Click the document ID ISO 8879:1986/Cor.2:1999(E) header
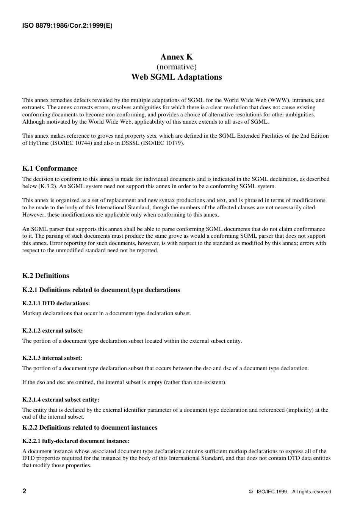point(67,26)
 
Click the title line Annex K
point(177,57)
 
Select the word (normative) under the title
point(177,67)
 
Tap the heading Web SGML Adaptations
point(177,77)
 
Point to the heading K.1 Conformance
point(50,168)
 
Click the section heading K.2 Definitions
point(45,276)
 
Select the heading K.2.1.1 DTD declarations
point(56,303)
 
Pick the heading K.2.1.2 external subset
point(52,331)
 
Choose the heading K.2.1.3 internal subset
point(52,358)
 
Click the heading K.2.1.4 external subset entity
point(61,400)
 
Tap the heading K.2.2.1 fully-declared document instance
point(76,441)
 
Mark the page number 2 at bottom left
point(24,491)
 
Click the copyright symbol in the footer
point(251,492)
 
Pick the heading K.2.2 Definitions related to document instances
point(89,427)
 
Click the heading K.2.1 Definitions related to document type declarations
point(101,290)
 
